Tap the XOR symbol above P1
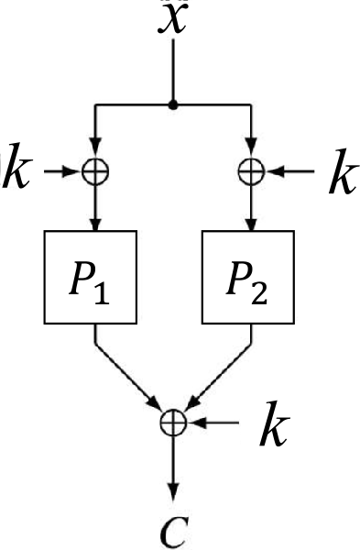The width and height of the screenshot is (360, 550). coord(93,170)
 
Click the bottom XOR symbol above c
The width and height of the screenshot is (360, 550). coord(174,422)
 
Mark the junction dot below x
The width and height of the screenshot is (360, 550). coord(173,105)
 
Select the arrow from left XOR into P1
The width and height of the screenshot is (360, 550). coord(93,206)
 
